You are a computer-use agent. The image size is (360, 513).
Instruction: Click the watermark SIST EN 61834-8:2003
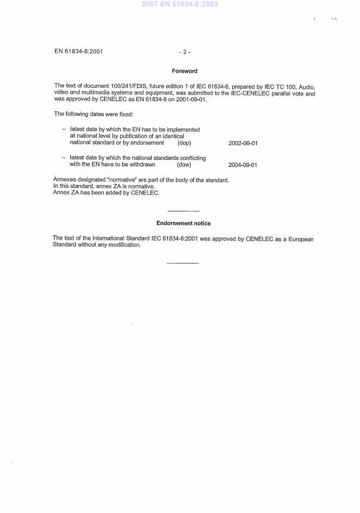(x=180, y=4)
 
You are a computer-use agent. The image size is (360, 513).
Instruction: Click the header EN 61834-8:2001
(x=79, y=52)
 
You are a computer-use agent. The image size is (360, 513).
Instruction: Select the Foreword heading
(x=184, y=71)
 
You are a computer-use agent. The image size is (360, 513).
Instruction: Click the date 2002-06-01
(x=243, y=143)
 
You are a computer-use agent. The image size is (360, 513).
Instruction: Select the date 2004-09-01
(x=243, y=165)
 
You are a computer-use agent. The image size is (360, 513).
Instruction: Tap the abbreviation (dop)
(x=184, y=143)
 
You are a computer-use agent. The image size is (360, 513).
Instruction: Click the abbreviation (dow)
(x=184, y=165)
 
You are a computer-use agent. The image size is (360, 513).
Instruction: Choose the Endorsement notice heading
(x=184, y=224)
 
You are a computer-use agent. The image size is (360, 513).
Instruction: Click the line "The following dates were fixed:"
(x=94, y=114)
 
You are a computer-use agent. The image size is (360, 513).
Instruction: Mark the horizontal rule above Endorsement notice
(x=183, y=211)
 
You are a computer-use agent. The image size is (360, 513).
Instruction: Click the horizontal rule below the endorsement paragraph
(x=183, y=263)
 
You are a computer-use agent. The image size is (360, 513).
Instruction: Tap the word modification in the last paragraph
(x=124, y=245)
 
